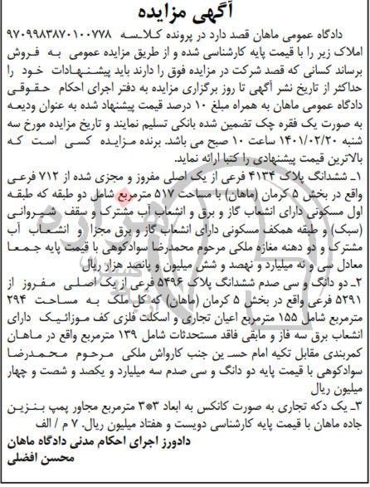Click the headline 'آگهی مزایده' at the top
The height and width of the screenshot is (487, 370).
[184, 13]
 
